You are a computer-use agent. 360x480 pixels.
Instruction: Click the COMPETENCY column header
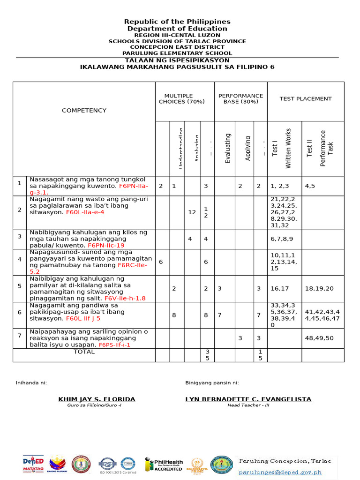[x=84, y=110]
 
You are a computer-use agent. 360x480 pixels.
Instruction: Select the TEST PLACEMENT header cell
[x=306, y=99]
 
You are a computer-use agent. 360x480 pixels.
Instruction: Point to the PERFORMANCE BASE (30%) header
[x=240, y=98]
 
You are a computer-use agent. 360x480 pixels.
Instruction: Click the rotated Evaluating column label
[x=228, y=149]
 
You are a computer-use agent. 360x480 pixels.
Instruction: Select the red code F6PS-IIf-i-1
[x=113, y=345]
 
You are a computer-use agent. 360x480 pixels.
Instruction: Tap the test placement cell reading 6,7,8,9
[x=282, y=239]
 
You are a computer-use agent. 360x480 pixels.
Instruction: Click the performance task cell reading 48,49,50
[x=319, y=338]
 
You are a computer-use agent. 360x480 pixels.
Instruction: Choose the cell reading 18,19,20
[x=319, y=288]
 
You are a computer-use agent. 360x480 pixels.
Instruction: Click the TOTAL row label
[x=84, y=352]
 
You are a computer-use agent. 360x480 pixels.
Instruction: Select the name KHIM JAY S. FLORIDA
[x=97, y=399]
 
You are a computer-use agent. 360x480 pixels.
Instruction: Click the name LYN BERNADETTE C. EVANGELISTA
[x=248, y=399]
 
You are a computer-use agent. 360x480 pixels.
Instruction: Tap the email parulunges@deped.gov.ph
[x=287, y=472]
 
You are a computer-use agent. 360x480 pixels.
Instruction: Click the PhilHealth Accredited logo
[x=164, y=464]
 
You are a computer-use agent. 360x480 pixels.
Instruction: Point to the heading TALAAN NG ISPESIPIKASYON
[x=177, y=60]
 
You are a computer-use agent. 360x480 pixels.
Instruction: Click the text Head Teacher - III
[x=248, y=405]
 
